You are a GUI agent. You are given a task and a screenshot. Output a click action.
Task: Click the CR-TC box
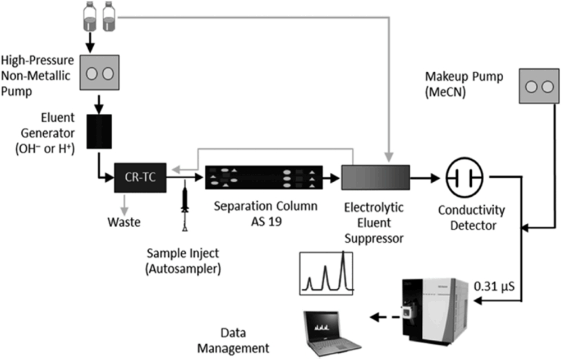(139, 178)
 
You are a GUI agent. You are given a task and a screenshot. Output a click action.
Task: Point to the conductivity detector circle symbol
(465, 179)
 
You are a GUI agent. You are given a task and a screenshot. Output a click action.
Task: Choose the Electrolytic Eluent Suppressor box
(376, 179)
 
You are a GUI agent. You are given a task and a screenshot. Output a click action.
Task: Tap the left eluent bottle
(89, 17)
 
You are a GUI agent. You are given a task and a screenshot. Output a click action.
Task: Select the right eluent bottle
(108, 17)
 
